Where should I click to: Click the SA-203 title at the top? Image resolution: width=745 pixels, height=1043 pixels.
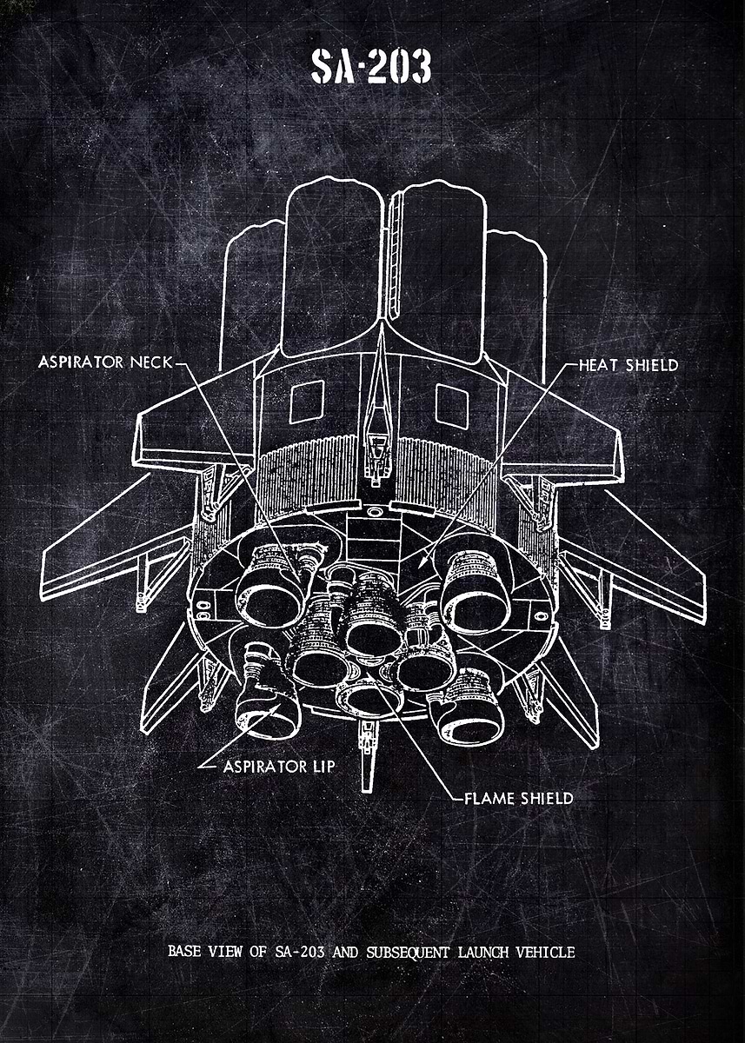[x=371, y=67]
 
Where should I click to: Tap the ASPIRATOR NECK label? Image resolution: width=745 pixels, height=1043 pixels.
[x=105, y=362]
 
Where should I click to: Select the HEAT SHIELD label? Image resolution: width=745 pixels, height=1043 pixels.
[x=629, y=365]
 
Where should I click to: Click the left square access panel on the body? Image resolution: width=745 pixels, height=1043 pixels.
[x=306, y=402]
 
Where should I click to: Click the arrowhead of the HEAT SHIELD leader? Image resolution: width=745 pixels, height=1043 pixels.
[x=420, y=564]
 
